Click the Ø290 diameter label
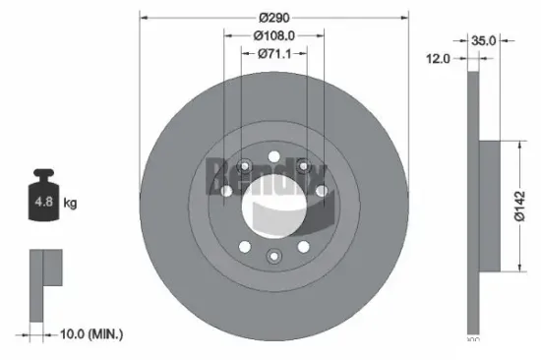[273, 17]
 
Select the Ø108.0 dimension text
[274, 35]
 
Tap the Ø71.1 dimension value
[274, 53]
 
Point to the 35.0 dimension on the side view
[484, 41]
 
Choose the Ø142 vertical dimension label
[532, 206]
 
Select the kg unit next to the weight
[70, 204]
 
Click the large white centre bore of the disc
[272, 205]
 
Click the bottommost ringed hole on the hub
[272, 256]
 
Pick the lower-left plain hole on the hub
[242, 245]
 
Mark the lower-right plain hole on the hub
[304, 245]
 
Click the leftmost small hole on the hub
[225, 205]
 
